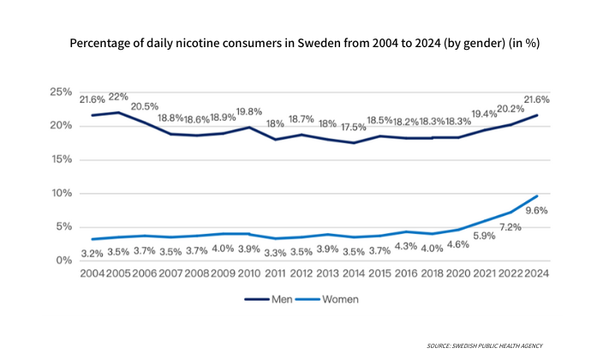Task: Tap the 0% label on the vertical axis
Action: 63,261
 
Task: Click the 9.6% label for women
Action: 536,211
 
